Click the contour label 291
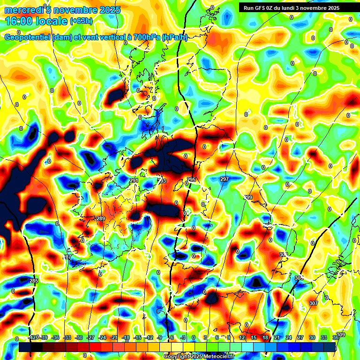(x=134, y=180)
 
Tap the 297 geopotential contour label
(x=224, y=180)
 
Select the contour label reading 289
(x=100, y=219)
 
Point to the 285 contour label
(x=34, y=281)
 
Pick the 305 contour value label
(x=299, y=278)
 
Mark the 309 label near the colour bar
(x=341, y=335)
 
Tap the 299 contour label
(x=248, y=197)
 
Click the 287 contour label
(x=67, y=257)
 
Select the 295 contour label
(x=191, y=180)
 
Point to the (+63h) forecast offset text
(x=82, y=21)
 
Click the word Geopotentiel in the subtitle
(x=28, y=37)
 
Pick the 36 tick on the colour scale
(x=336, y=337)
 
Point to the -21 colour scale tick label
(x=114, y=337)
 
